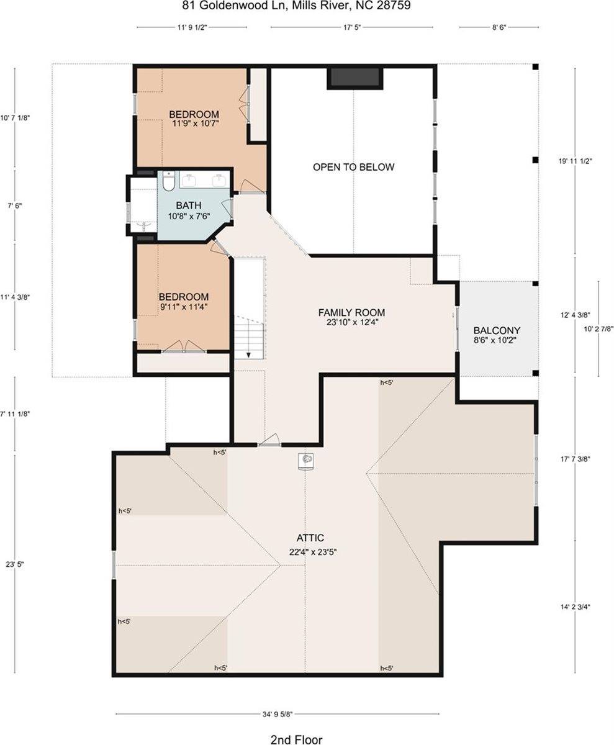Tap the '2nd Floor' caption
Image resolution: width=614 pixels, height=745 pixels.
296,739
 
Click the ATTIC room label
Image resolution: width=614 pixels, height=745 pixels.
310,538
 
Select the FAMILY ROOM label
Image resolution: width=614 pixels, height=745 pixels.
351,312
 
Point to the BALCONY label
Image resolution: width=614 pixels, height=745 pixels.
497,330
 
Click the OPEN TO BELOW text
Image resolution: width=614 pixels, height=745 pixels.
353,167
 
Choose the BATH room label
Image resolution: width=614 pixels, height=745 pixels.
188,205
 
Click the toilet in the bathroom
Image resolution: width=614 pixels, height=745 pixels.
168,181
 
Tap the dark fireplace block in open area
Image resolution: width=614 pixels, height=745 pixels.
354,78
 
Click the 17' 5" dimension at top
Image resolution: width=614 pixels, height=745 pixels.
351,27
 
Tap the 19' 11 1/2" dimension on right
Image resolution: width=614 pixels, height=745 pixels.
576,161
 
